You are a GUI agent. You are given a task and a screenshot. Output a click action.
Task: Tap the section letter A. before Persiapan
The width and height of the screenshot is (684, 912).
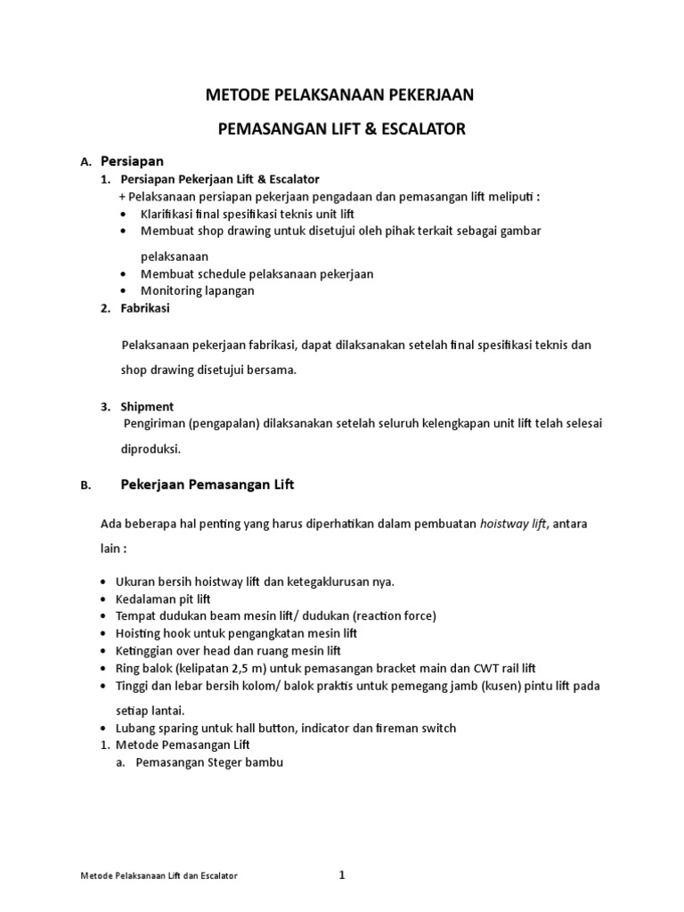[x=85, y=163]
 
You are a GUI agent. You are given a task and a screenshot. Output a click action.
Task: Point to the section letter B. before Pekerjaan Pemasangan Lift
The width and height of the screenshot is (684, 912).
[x=85, y=486]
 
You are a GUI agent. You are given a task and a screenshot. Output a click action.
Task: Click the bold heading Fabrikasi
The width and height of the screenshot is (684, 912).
[x=144, y=308]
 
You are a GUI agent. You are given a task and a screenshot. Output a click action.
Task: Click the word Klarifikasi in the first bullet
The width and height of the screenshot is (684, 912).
[x=169, y=215]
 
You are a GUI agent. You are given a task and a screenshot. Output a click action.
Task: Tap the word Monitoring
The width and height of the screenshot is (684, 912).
[x=171, y=290]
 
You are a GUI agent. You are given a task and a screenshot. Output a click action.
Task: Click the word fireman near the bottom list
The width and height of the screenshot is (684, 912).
[x=390, y=728]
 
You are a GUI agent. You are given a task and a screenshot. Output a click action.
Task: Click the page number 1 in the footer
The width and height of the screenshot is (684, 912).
[x=341, y=875]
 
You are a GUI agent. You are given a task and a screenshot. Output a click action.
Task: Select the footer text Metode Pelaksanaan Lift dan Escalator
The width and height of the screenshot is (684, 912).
[x=159, y=877]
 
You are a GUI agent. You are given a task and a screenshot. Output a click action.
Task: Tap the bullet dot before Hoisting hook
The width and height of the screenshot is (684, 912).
[x=107, y=633]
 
